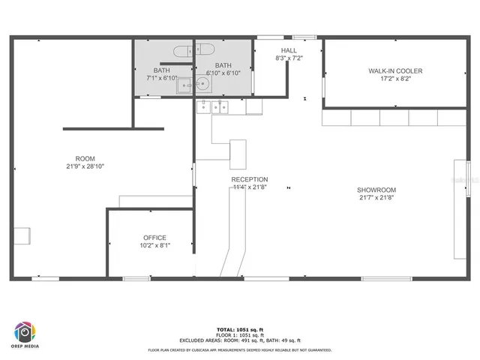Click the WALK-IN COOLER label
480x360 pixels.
click(395, 70)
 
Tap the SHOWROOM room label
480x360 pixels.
click(376, 190)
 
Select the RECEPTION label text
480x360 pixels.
click(250, 179)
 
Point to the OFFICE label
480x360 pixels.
click(154, 238)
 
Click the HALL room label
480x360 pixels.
click(289, 50)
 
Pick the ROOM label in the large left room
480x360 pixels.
click(85, 158)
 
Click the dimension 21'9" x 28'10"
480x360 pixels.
click(85, 166)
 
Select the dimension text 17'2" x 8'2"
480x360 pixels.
click(395, 78)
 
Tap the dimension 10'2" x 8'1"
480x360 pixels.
click(154, 245)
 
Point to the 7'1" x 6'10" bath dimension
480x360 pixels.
click(162, 78)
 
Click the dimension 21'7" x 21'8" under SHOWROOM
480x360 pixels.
click(376, 197)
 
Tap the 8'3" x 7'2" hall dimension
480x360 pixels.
click(289, 58)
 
